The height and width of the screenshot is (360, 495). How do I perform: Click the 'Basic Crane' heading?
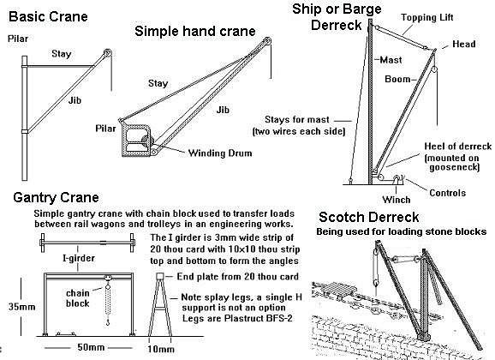pos(48,16)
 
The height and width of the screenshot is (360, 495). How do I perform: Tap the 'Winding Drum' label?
pos(220,153)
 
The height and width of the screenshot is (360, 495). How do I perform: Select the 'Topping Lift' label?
pos(427,17)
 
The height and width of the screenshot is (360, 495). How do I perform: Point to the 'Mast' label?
pos(391,60)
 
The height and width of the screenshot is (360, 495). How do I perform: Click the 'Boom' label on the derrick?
pos(397,79)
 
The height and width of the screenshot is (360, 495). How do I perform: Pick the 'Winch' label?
pos(397,200)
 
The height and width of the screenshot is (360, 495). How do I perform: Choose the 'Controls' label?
pos(447,193)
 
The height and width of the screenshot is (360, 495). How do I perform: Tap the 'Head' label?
pos(464,44)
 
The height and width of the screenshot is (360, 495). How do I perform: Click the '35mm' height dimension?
pos(21,307)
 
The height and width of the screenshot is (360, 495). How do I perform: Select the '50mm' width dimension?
pos(91,347)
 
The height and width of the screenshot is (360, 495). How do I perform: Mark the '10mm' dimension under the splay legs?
pos(161,349)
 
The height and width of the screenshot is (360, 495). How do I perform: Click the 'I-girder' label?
pos(79,258)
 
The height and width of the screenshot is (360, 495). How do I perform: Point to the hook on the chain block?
pos(108,321)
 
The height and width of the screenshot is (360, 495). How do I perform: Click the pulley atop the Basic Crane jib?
pos(107,53)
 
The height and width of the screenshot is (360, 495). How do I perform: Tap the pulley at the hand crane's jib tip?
pos(267,41)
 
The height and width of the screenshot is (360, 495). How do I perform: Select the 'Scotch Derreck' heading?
pos(368,217)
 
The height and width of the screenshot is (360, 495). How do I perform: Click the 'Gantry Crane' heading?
pos(56,197)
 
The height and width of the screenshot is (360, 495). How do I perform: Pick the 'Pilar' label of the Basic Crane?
pos(18,39)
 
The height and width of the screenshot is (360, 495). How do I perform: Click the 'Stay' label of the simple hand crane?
pos(158,83)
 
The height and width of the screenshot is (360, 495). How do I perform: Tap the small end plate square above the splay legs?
pos(160,276)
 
